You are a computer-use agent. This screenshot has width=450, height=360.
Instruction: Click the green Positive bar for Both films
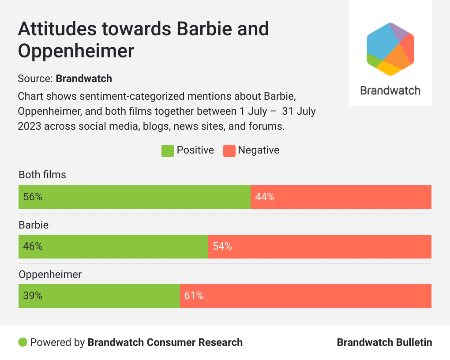[x=134, y=197]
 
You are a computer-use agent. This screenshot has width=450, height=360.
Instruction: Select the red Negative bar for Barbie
[x=319, y=247]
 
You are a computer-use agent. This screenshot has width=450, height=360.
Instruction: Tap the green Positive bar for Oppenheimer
[x=99, y=296]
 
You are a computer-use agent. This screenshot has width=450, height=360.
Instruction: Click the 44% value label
[x=265, y=197]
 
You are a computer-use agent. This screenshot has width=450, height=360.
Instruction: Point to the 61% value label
[x=194, y=296]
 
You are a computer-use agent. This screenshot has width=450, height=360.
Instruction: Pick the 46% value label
[x=33, y=247]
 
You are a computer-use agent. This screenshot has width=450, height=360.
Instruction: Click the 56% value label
[x=33, y=197]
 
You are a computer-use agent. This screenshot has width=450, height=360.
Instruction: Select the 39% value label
[x=33, y=296]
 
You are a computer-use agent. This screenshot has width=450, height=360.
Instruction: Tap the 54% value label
[x=222, y=247]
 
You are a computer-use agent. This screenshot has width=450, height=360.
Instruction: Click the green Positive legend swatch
[x=168, y=151]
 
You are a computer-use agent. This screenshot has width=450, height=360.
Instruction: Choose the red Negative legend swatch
[x=229, y=151]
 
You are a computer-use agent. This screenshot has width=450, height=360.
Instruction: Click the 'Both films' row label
[x=42, y=175]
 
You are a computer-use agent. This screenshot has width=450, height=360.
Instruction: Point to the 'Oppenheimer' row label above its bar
[x=50, y=274]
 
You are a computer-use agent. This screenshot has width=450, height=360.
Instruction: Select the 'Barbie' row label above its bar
[x=34, y=225]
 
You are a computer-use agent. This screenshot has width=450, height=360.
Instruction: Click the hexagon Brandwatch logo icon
[x=390, y=49]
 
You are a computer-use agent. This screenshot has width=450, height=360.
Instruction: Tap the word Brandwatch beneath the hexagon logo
[x=390, y=91]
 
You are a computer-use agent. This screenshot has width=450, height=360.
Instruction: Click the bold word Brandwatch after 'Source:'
[x=84, y=79]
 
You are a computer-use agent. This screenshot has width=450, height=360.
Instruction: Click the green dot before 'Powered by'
[x=23, y=342]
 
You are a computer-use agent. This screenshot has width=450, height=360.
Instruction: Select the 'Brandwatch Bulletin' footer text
[x=384, y=342]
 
